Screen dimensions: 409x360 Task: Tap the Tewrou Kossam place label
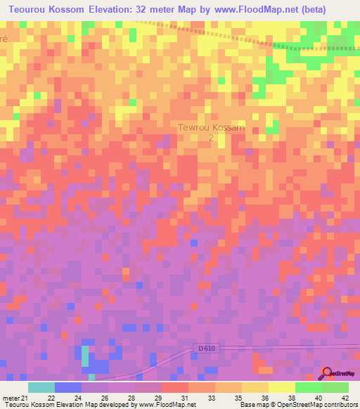click(211, 127)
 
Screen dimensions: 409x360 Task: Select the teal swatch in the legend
click(41, 387)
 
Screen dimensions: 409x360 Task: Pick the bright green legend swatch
click(308, 387)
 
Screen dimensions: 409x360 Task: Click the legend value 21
click(24, 398)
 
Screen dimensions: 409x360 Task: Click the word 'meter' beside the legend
click(10, 398)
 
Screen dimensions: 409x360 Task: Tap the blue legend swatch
click(68, 387)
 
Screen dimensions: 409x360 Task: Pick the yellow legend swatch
click(281, 387)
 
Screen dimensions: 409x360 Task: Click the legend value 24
click(77, 398)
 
